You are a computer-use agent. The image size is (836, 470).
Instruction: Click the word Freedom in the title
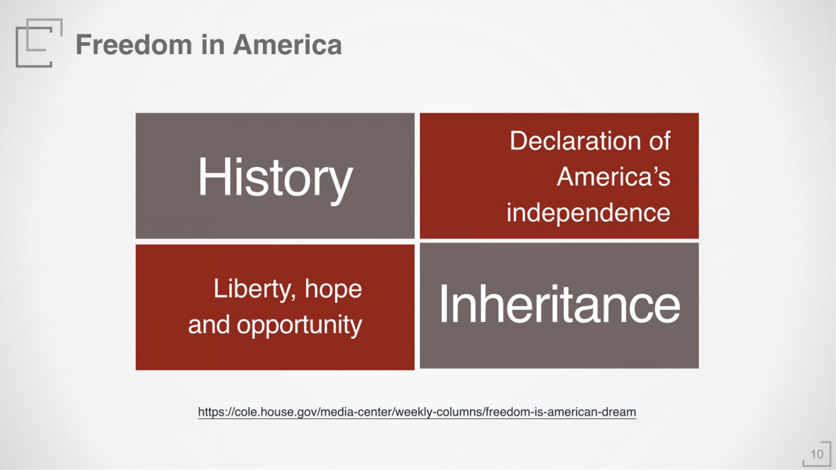pos(134,45)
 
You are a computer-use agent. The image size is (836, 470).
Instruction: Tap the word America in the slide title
pos(287,45)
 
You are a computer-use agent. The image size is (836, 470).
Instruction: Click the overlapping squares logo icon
pos(39,43)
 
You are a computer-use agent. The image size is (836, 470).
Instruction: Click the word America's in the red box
pos(614,177)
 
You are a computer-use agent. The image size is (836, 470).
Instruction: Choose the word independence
pos(588,213)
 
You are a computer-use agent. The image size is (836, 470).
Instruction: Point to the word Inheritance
pos(560,304)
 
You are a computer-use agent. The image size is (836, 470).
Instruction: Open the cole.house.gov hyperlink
pos(417,412)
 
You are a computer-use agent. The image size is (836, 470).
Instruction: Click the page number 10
pos(817,454)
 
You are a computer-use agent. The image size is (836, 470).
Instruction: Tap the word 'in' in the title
pos(212,45)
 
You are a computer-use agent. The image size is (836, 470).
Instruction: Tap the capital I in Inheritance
pos(444,304)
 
